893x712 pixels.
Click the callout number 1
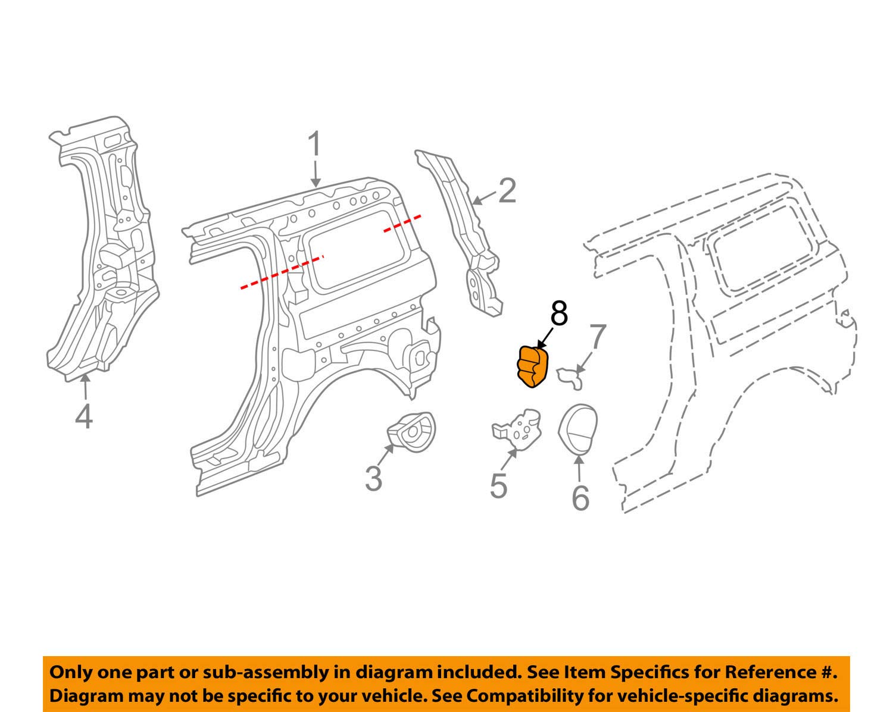314,145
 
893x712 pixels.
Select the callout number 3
373,478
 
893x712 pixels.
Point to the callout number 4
84,416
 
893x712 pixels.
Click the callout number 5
498,485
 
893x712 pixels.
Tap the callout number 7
597,337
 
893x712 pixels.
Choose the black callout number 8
558,313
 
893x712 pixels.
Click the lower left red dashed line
281,272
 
